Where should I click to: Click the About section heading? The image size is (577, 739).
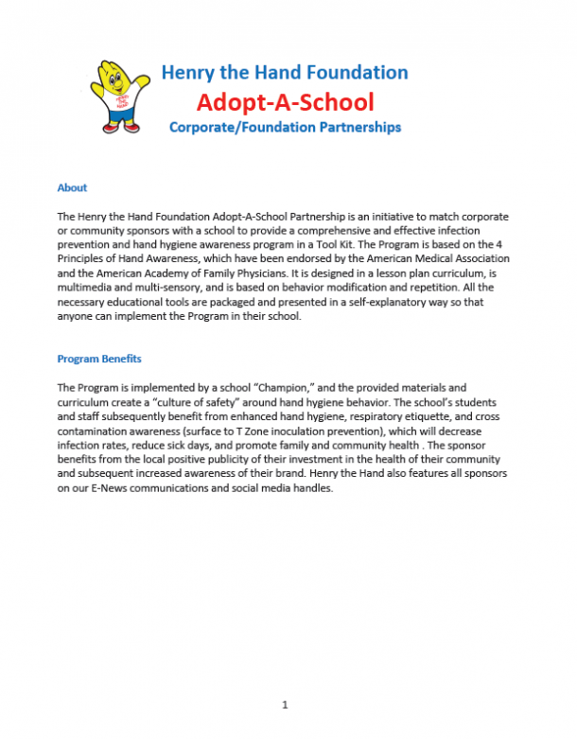pos(72,188)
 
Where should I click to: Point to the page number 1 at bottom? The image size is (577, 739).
pos(285,705)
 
